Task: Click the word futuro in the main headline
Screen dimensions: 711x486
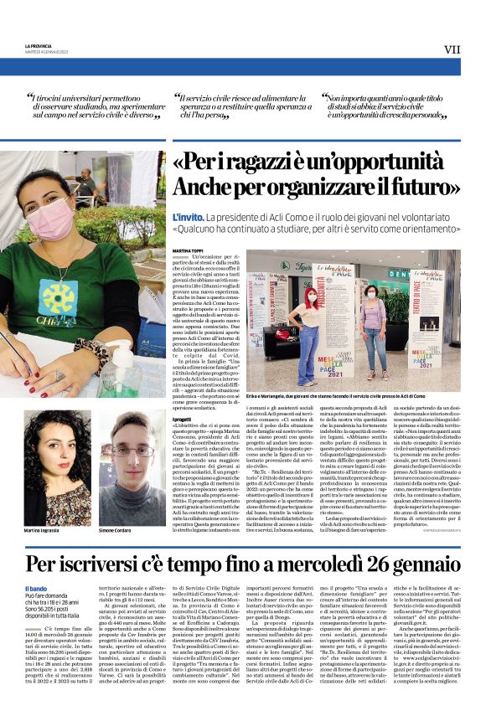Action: tap(419, 187)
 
